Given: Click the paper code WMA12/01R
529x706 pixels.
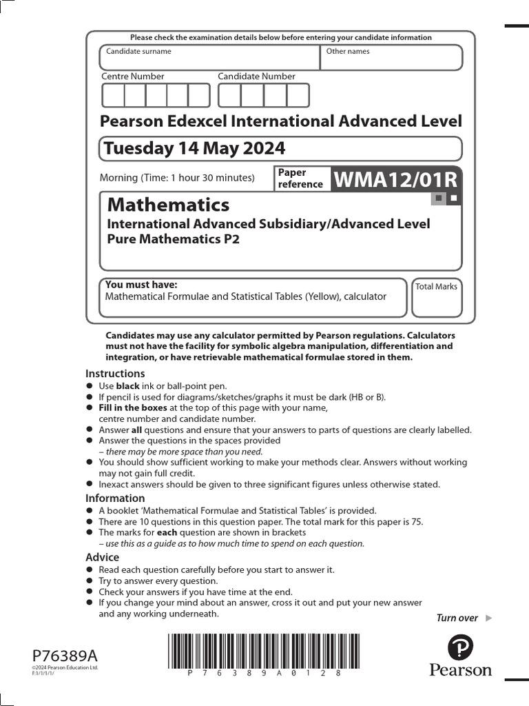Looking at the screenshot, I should [395, 180].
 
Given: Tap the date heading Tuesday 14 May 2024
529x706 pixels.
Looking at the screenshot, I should [193, 148].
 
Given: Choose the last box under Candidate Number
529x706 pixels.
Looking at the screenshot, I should [298, 95].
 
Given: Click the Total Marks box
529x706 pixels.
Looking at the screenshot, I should [437, 298].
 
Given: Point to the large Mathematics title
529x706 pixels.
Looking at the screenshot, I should [169, 205].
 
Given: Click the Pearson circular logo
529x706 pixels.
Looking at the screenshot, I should [460, 648].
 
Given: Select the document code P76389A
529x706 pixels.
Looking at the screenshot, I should [65, 655].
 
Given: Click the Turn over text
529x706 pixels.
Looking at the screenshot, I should [457, 618].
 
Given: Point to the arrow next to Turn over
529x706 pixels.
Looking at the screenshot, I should [489, 618].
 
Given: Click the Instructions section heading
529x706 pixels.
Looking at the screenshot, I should [115, 374].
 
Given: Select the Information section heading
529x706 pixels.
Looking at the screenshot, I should [115, 498].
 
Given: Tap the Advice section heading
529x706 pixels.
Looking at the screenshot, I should [102, 557].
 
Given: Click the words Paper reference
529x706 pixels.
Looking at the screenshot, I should [300, 179].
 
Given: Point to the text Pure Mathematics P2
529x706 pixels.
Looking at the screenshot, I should [173, 239].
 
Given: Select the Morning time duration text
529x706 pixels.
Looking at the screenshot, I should [177, 178].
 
